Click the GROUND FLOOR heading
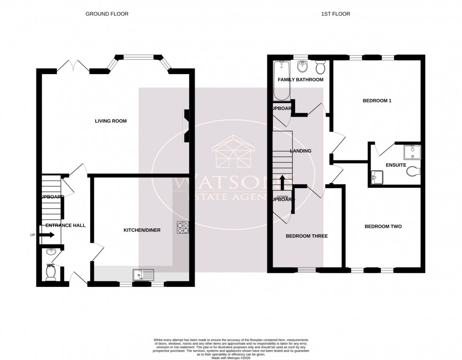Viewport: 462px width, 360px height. point(107,14)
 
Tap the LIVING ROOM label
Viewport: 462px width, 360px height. point(111,121)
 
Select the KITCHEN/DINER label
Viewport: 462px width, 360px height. point(142,230)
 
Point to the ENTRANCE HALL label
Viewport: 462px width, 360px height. point(65,226)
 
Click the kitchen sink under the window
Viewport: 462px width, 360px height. point(142,274)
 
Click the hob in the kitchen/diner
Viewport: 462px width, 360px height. point(183,227)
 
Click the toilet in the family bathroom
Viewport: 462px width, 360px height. point(320,68)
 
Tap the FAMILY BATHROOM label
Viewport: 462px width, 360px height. point(300,80)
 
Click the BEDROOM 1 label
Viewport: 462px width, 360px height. point(377,100)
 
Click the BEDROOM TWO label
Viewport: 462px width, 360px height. point(383,226)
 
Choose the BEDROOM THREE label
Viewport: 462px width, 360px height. point(306,236)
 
